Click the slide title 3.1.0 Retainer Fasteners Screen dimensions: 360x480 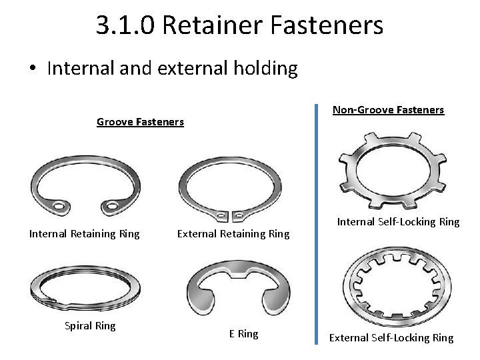[x=239, y=25]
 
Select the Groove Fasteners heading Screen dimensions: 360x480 [x=140, y=121]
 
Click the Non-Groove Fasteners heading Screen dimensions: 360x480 [x=388, y=109]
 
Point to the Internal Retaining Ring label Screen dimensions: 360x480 [x=84, y=233]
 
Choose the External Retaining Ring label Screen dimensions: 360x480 [x=233, y=233]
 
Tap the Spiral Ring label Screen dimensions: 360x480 [x=90, y=326]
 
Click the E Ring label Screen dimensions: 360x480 [x=243, y=333]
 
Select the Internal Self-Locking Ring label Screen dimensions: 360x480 [x=398, y=221]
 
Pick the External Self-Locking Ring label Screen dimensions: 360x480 [x=391, y=337]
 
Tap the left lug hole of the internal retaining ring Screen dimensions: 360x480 [x=60, y=206]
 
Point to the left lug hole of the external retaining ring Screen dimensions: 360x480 [x=221, y=215]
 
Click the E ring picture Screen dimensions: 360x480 [x=235, y=290]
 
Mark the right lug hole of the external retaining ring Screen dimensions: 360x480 [x=238, y=215]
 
